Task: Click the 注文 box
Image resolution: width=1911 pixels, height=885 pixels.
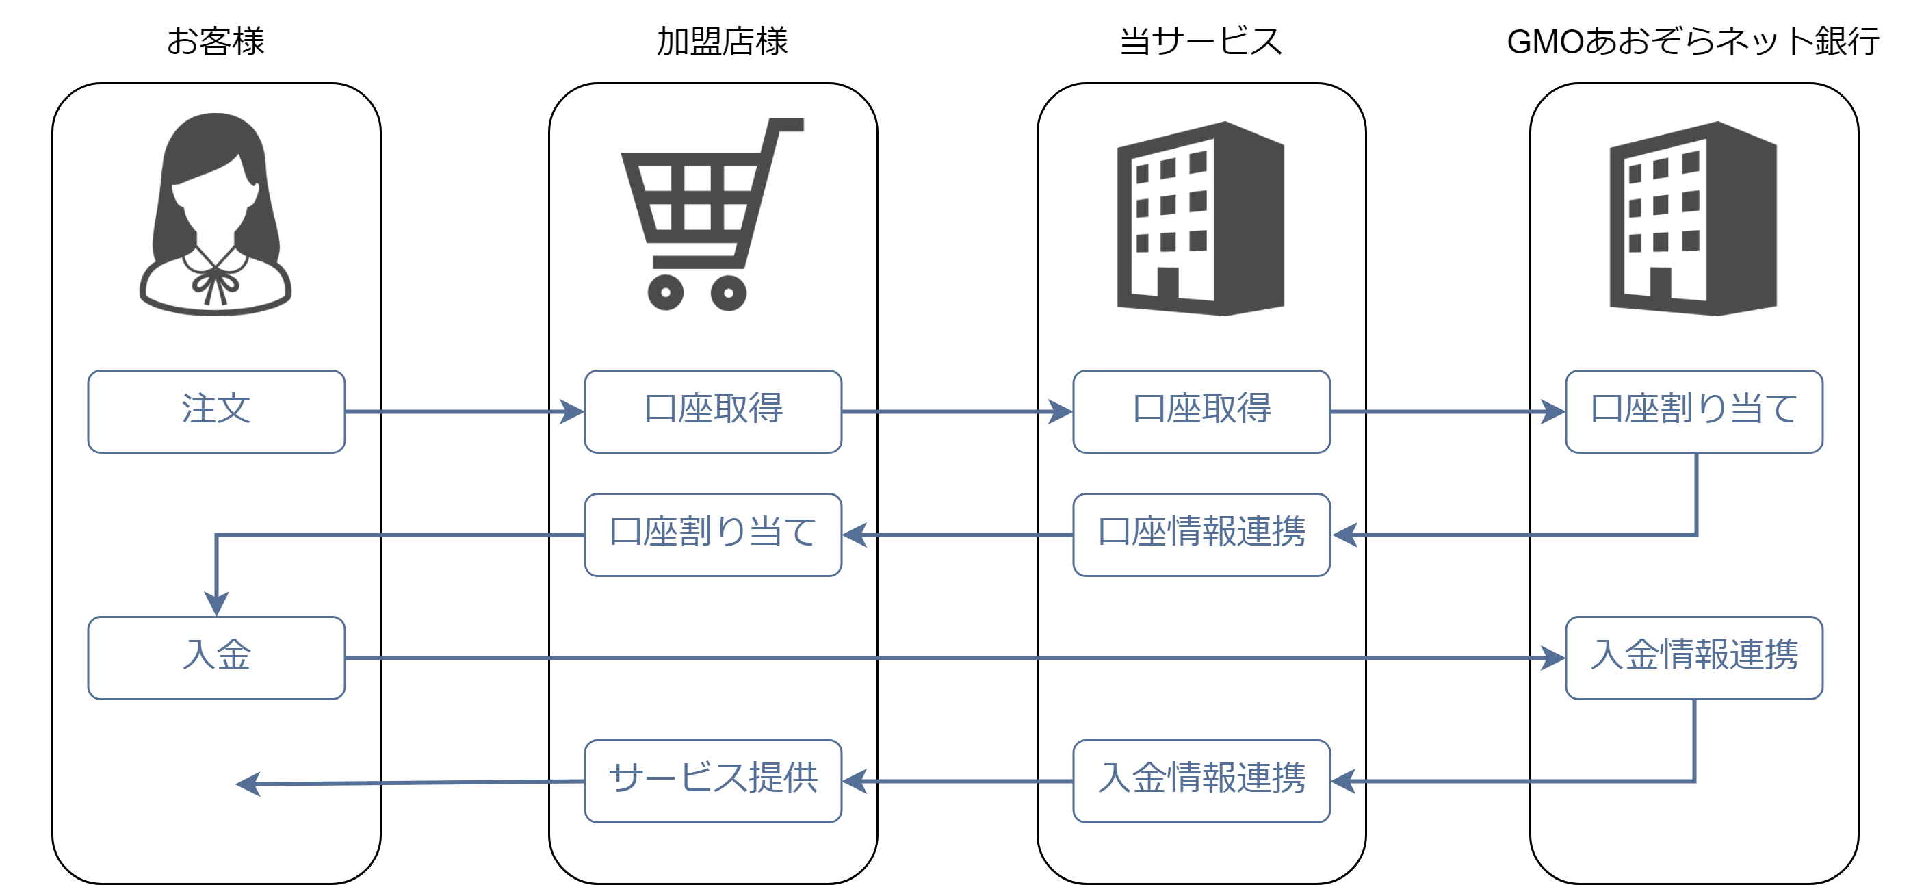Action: (216, 411)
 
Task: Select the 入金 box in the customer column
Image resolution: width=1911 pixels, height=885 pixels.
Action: (216, 657)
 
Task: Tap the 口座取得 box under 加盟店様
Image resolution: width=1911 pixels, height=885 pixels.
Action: (712, 411)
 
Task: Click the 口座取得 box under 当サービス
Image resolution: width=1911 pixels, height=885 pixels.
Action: (1201, 411)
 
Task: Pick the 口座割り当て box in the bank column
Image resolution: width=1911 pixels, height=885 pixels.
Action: (1693, 411)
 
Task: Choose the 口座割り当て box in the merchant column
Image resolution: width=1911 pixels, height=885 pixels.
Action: (712, 534)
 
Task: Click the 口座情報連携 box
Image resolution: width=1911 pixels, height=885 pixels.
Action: (1201, 534)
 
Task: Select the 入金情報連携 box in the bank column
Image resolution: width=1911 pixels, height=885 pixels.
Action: (1693, 657)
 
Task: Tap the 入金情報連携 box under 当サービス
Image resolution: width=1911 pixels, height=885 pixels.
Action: (1201, 780)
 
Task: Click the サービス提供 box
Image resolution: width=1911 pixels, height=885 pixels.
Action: (712, 780)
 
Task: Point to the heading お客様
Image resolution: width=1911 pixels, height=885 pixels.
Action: (215, 42)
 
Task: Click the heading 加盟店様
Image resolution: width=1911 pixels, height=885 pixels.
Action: (722, 42)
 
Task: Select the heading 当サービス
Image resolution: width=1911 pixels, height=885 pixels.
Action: (1200, 42)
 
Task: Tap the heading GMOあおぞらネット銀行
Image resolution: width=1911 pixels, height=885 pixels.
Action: (1693, 42)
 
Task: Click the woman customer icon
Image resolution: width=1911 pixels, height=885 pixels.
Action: (215, 215)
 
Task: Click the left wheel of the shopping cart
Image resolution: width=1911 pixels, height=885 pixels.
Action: (666, 292)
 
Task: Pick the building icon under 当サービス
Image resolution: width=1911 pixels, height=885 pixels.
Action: (1200, 219)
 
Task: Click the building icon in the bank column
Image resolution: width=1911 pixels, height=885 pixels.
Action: (1693, 219)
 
